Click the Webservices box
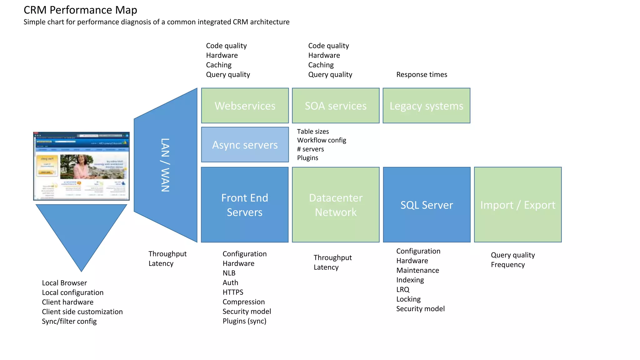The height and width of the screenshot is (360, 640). pyautogui.click(x=245, y=106)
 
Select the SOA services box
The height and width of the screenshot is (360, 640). pyautogui.click(x=336, y=106)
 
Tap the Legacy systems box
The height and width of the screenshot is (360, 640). pyautogui.click(x=426, y=106)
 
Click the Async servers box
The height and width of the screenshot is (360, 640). pyautogui.click(x=245, y=145)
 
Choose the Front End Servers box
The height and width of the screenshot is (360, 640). pyautogui.click(x=245, y=205)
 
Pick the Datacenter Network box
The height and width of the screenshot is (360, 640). pyautogui.click(x=336, y=205)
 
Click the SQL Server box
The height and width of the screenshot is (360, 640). pyautogui.click(x=427, y=205)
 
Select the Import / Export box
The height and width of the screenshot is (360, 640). pyautogui.click(x=518, y=205)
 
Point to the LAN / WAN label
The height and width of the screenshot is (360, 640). pyautogui.click(x=165, y=165)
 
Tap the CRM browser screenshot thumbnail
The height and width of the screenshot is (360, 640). pyautogui.click(x=81, y=166)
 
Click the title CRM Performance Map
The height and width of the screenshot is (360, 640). pyautogui.click(x=80, y=10)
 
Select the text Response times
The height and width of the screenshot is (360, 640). pyautogui.click(x=422, y=74)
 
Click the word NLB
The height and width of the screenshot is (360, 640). pyautogui.click(x=229, y=273)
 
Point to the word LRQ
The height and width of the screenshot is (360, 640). pyautogui.click(x=402, y=289)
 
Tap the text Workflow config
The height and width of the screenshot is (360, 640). pyautogui.click(x=322, y=140)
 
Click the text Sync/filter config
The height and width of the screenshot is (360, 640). pyautogui.click(x=69, y=321)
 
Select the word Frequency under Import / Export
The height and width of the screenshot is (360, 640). pyautogui.click(x=507, y=265)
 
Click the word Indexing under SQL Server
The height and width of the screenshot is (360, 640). pyautogui.click(x=410, y=280)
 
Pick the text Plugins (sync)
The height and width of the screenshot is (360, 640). pyautogui.click(x=244, y=321)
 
